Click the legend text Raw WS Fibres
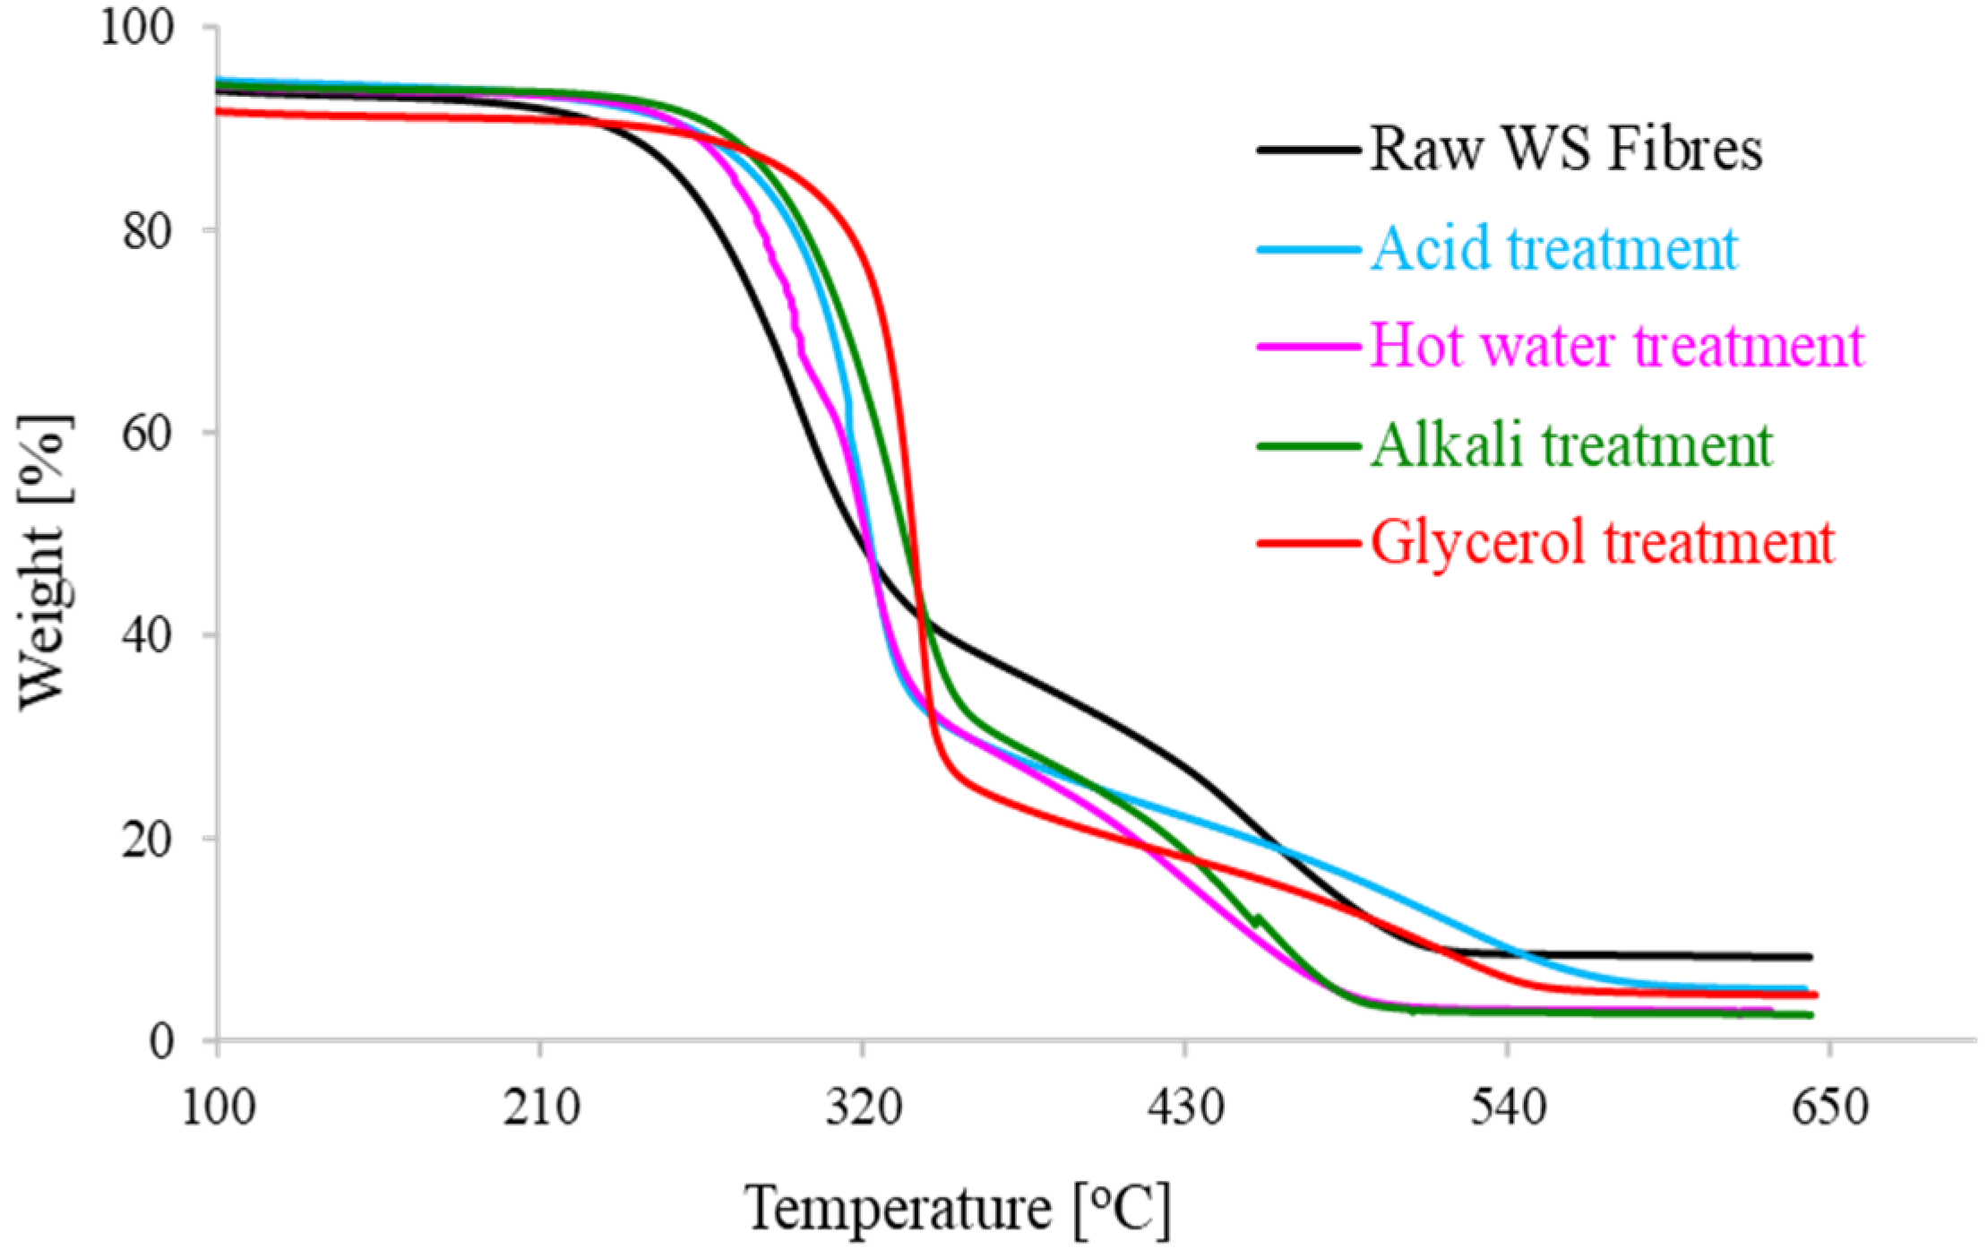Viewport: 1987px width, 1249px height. (1566, 149)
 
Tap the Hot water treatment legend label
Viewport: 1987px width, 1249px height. (1616, 346)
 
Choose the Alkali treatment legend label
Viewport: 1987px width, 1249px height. (1571, 444)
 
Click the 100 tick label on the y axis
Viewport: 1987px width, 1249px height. (136, 27)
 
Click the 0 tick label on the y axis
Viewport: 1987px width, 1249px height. (161, 1042)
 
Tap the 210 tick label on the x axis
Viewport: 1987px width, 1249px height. (540, 1107)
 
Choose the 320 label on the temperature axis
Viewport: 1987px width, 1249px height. (863, 1107)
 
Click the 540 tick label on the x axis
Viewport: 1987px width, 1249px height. (1508, 1107)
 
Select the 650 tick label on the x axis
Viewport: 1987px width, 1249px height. (1829, 1107)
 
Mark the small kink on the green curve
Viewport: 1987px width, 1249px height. (1258, 918)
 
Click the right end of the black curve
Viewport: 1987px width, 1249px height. (1810, 957)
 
